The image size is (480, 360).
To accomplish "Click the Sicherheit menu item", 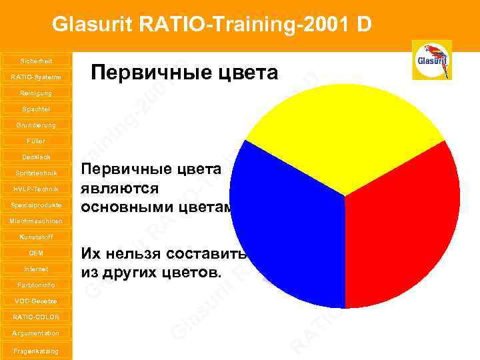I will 35,60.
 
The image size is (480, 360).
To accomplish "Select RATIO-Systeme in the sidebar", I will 35,77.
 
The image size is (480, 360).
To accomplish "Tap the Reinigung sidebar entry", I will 35,93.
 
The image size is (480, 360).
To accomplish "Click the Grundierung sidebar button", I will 35,125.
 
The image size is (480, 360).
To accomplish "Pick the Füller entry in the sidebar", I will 35,141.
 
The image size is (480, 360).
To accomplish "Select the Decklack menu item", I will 35,157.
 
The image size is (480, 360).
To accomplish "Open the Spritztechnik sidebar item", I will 35,173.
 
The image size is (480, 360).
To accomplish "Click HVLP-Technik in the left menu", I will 35,189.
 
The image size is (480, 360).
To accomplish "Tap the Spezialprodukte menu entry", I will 35,205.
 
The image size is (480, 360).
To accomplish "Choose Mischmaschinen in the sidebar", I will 35,221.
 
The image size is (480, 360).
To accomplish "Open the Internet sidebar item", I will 35,269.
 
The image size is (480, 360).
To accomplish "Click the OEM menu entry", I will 35,253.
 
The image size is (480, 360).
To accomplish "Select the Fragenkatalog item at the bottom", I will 35,351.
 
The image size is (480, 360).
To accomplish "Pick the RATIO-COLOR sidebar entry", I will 35,317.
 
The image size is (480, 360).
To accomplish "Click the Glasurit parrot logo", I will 431,60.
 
